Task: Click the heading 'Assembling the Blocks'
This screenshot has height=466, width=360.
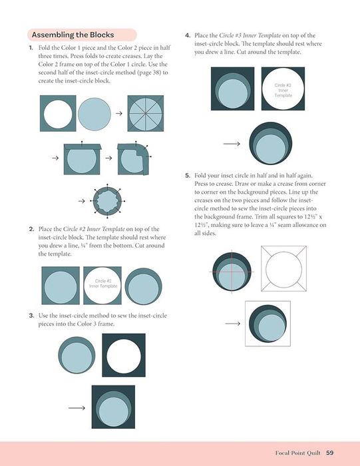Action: tap(73, 35)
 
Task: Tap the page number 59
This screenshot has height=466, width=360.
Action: tap(329, 453)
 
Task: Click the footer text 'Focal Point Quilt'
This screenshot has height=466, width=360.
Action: tap(297, 453)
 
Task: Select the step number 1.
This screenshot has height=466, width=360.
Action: tap(31, 47)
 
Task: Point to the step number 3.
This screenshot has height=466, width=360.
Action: tap(31, 316)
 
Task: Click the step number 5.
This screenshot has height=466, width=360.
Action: tap(188, 175)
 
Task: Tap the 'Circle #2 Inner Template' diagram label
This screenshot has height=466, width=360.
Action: tap(103, 284)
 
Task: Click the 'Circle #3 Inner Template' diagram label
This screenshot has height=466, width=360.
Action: tap(283, 90)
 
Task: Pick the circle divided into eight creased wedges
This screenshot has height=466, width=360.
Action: tap(146, 114)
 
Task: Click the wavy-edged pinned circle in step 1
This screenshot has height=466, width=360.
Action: tap(107, 201)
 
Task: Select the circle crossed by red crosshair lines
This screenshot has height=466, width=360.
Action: tap(232, 272)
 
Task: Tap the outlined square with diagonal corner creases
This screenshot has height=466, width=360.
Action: tap(283, 269)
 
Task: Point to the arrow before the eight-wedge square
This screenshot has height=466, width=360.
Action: tap(119, 113)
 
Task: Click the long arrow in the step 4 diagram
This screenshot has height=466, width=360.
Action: tap(232, 144)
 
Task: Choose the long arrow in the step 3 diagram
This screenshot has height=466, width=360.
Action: tap(77, 407)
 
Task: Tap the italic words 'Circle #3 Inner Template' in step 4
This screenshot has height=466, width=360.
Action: tap(250, 35)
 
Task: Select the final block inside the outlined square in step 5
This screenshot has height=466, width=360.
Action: tap(268, 324)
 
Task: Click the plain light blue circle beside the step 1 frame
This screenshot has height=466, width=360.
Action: tap(94, 114)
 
